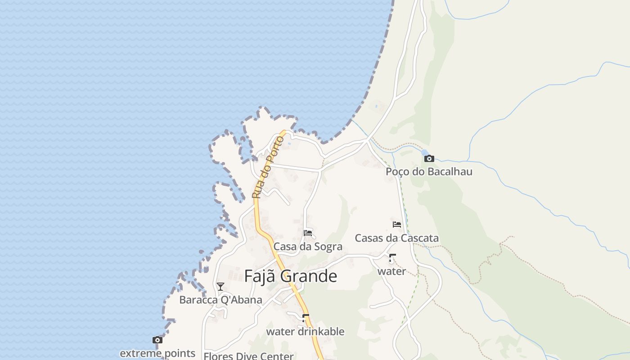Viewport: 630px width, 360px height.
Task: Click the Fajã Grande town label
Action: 290,276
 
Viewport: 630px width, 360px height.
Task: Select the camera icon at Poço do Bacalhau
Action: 429,158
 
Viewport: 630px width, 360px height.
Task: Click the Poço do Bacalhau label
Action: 429,171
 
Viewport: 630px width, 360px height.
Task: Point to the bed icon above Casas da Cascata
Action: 396,225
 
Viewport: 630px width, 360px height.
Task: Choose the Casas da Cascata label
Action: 396,238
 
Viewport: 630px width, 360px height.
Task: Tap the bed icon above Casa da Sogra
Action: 308,233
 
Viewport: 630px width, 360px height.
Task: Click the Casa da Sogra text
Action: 308,247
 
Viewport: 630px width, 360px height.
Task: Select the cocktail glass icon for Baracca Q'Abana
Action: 220,287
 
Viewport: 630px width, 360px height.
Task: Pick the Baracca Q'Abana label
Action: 220,300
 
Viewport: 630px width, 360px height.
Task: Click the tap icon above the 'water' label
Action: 391,258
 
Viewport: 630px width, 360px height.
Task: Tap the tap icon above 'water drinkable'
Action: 306,319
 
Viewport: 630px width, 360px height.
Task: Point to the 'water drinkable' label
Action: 305,332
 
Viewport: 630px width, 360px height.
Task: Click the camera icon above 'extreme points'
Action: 157,340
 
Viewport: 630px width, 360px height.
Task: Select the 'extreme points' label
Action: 157,353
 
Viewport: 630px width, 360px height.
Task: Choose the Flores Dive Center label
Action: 248,356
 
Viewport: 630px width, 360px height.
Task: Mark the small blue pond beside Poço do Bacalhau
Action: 424,152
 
